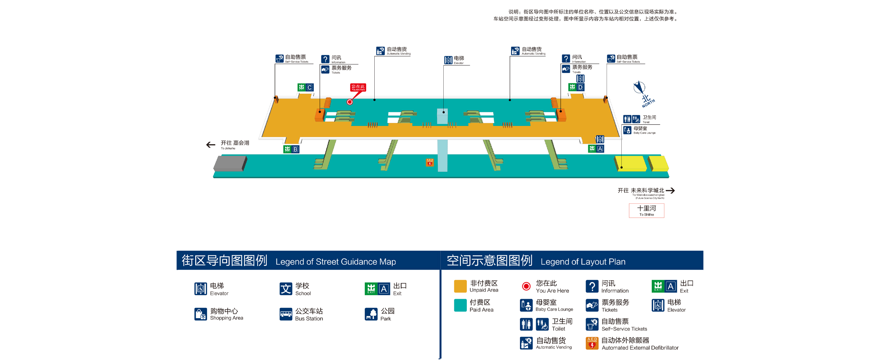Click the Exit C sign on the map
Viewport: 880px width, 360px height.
tap(305, 87)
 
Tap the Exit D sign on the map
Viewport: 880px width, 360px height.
tap(576, 87)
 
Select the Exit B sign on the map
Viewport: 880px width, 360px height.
tap(291, 149)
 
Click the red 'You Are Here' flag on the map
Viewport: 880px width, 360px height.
tap(358, 87)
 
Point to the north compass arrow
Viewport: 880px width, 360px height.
tap(639, 87)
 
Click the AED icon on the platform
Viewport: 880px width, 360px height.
tap(430, 162)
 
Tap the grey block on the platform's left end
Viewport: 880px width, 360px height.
tap(230, 163)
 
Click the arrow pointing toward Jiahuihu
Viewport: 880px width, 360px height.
tap(211, 145)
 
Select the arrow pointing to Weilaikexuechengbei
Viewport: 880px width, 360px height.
tap(670, 190)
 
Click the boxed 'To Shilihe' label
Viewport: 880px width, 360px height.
tap(646, 211)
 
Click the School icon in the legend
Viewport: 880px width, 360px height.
tap(286, 289)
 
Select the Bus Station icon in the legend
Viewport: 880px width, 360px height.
tap(286, 314)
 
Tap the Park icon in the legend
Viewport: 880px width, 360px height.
tap(371, 314)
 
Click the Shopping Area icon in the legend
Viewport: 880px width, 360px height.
tap(201, 314)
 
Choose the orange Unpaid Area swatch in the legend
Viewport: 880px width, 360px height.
tap(460, 286)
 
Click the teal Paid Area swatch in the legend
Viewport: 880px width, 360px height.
tap(460, 305)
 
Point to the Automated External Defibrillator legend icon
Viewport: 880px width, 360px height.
tap(592, 343)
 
